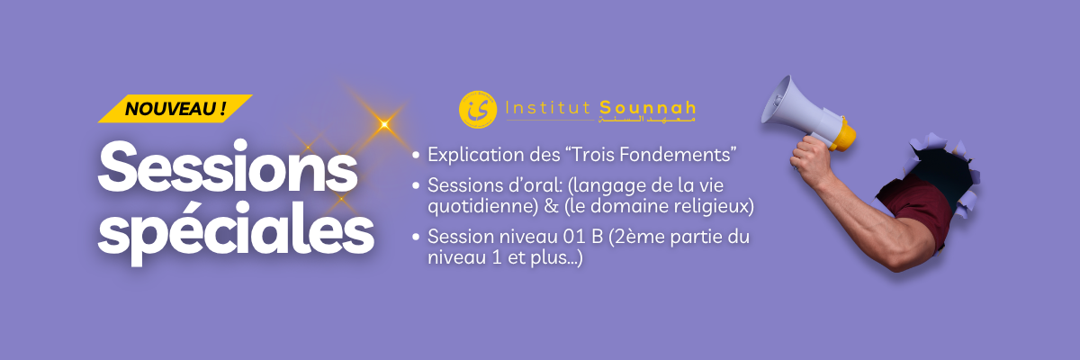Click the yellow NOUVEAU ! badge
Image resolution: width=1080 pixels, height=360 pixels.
point(175,109)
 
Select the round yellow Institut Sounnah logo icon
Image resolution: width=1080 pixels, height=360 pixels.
point(477,110)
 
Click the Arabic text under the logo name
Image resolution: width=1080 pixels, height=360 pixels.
point(662,121)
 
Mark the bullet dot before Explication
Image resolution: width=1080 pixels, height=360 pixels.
point(416,156)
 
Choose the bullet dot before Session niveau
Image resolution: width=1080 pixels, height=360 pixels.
point(416,239)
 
